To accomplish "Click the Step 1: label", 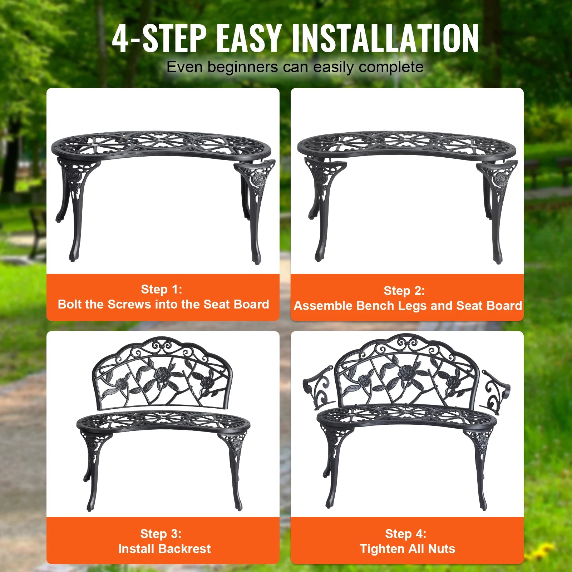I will pos(162,289).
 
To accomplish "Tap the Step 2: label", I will pos(404,291).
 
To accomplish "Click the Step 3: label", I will pos(161,534).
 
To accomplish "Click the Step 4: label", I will pos(406,534).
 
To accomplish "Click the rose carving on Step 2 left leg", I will pos(319,176).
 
